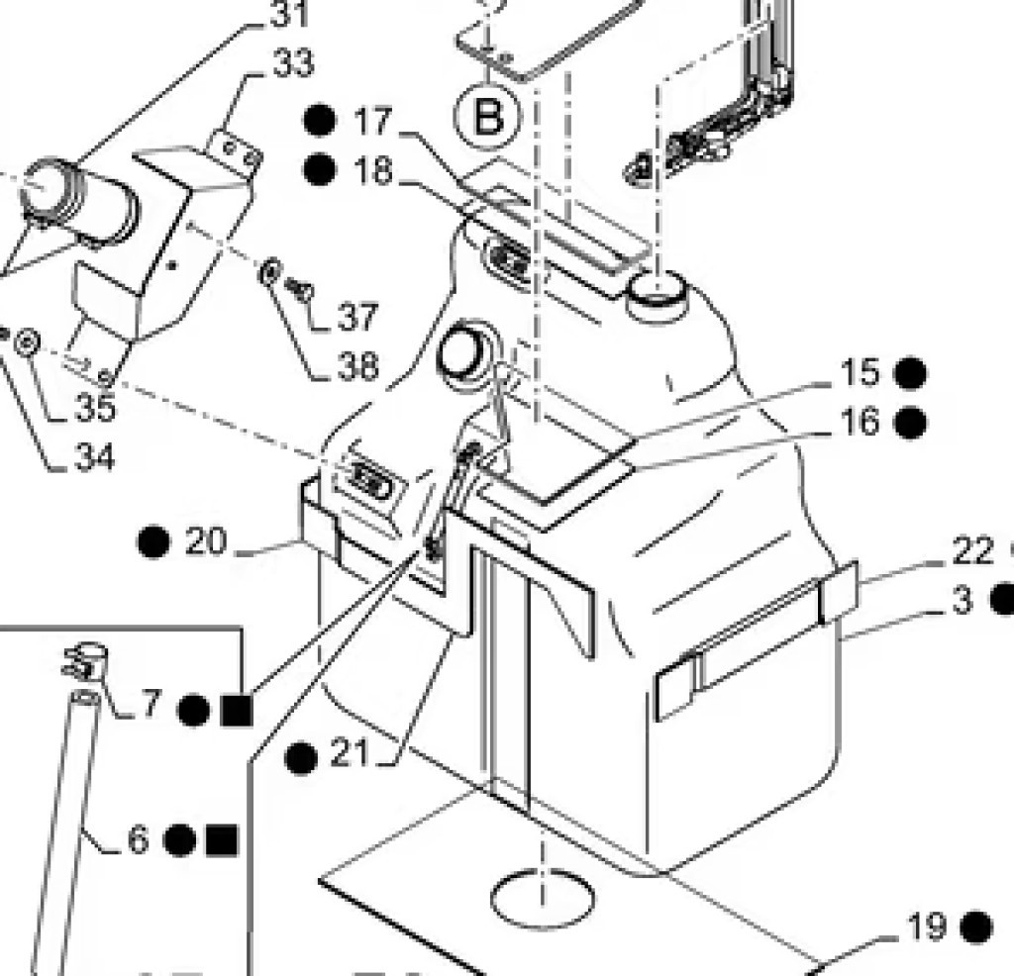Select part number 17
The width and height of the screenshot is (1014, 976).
pyautogui.click(x=373, y=123)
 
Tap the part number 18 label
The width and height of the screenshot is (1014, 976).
pyautogui.click(x=373, y=171)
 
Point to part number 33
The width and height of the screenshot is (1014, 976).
pyautogui.click(x=292, y=64)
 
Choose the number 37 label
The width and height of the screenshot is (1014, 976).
pyautogui.click(x=356, y=318)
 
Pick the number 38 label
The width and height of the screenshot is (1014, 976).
pyautogui.click(x=356, y=367)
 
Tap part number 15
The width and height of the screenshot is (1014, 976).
pyautogui.click(x=860, y=373)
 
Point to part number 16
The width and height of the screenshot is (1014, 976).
pyautogui.click(x=860, y=423)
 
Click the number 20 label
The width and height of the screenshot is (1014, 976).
pyautogui.click(x=205, y=542)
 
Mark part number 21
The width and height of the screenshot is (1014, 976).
pyautogui.click(x=350, y=756)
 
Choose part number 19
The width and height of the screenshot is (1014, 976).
pyautogui.click(x=927, y=927)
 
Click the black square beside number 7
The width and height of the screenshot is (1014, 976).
pyautogui.click(x=237, y=710)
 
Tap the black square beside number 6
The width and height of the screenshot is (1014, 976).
pyautogui.click(x=222, y=840)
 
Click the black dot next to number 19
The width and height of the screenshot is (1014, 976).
pyautogui.click(x=976, y=927)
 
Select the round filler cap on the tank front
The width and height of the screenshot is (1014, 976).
pyautogui.click(x=462, y=353)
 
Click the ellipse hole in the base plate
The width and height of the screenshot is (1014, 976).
pyautogui.click(x=546, y=894)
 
